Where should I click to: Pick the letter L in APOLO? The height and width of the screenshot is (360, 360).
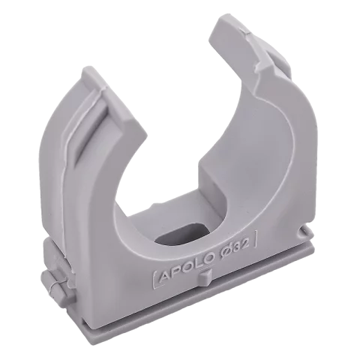tap(196, 261)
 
